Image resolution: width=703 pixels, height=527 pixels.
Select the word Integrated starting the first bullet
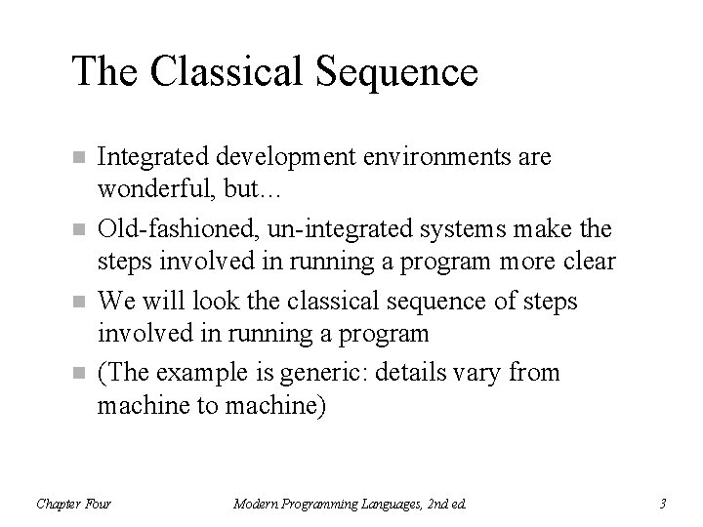[x=147, y=156]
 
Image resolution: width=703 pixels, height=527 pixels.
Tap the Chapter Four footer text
[x=73, y=505]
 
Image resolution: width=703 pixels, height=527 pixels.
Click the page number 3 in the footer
[x=663, y=505]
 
